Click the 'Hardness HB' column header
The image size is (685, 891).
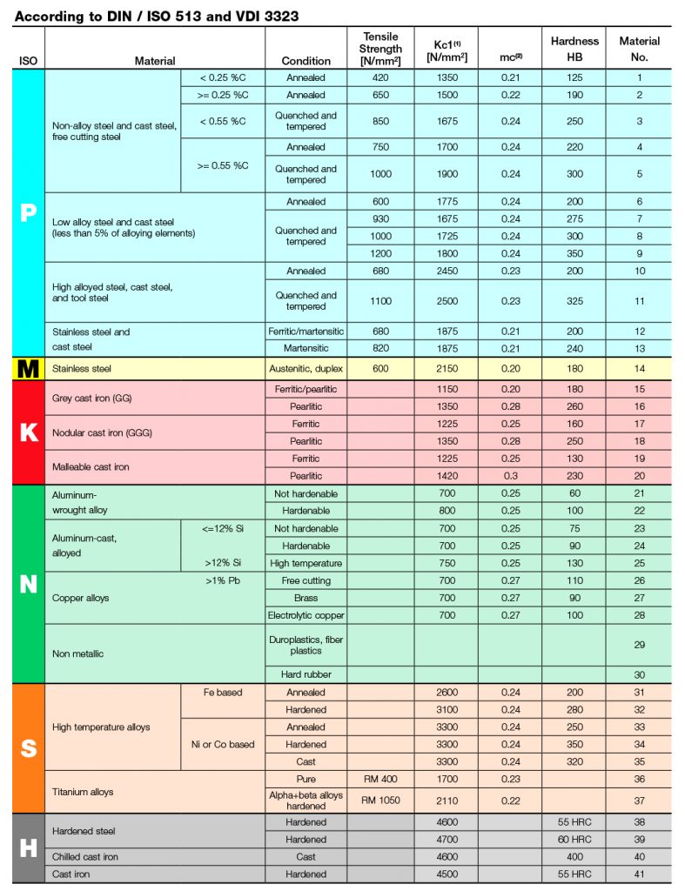[x=574, y=49]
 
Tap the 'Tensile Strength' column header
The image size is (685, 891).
[x=380, y=49]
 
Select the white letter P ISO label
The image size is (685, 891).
[x=28, y=212]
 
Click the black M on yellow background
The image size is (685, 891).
[x=28, y=369]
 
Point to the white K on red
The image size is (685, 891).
[x=28, y=432]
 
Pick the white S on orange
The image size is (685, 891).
[x=28, y=748]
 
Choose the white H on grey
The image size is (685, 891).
[x=28, y=848]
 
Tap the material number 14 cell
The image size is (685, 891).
[x=640, y=369]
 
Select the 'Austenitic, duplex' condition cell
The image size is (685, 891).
[x=306, y=369]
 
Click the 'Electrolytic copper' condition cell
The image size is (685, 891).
[x=306, y=615]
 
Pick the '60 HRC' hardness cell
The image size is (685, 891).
[x=574, y=840]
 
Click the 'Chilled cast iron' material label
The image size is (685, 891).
[x=85, y=857]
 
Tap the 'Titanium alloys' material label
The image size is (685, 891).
[x=84, y=792]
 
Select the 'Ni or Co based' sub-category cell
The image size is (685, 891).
[x=223, y=744]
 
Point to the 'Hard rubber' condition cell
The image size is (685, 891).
[x=306, y=674]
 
